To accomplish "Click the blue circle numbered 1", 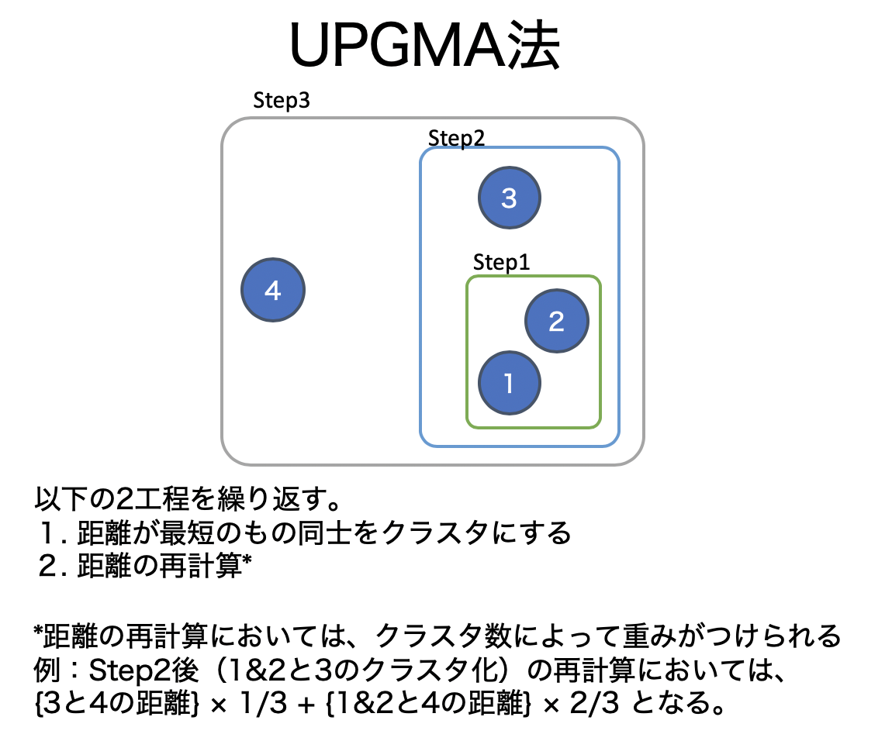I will [x=509, y=383].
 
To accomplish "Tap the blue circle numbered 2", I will [x=556, y=321].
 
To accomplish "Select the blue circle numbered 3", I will [x=509, y=198].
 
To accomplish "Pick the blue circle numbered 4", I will [x=272, y=291].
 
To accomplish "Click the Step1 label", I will [x=501, y=263].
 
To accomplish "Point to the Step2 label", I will [x=456, y=138].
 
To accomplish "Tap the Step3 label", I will [x=282, y=101].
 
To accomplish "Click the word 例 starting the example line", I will [x=46, y=671].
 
